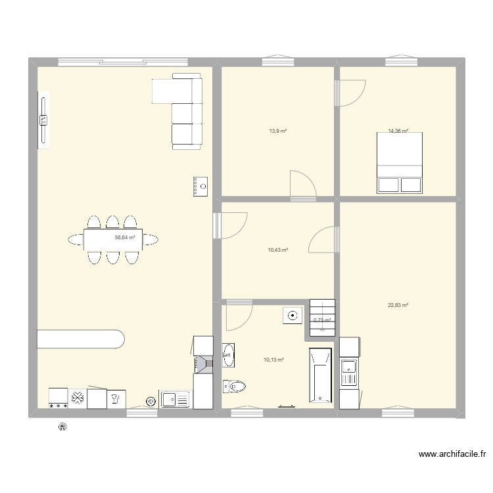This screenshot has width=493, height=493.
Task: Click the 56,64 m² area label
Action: point(125,238)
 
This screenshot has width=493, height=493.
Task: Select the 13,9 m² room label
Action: point(277,131)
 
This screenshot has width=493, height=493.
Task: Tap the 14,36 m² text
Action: point(398,131)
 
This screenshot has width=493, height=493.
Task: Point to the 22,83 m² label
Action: point(398,305)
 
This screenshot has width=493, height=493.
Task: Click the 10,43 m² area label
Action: point(277,250)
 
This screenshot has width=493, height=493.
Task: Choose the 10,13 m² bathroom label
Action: point(273,360)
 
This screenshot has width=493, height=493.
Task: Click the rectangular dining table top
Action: point(113,239)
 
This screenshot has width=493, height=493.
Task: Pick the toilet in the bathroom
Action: point(234,386)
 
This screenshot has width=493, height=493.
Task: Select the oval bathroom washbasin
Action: point(228,355)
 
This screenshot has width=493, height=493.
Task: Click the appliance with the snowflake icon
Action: point(77,397)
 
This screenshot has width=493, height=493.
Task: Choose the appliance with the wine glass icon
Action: point(116,397)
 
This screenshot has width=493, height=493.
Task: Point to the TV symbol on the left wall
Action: point(43,120)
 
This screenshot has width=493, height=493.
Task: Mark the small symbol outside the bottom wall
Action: point(62,427)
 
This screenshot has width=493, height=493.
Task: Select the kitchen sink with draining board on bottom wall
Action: point(176,399)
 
